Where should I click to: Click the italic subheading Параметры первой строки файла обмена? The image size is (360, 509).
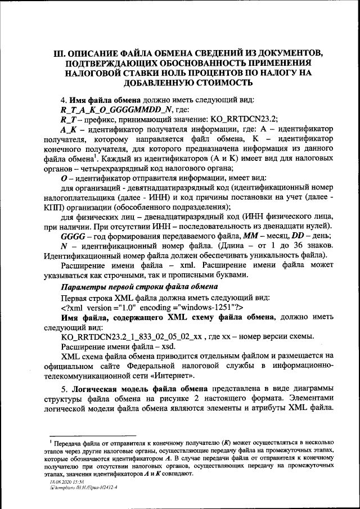click(x=138, y=287)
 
